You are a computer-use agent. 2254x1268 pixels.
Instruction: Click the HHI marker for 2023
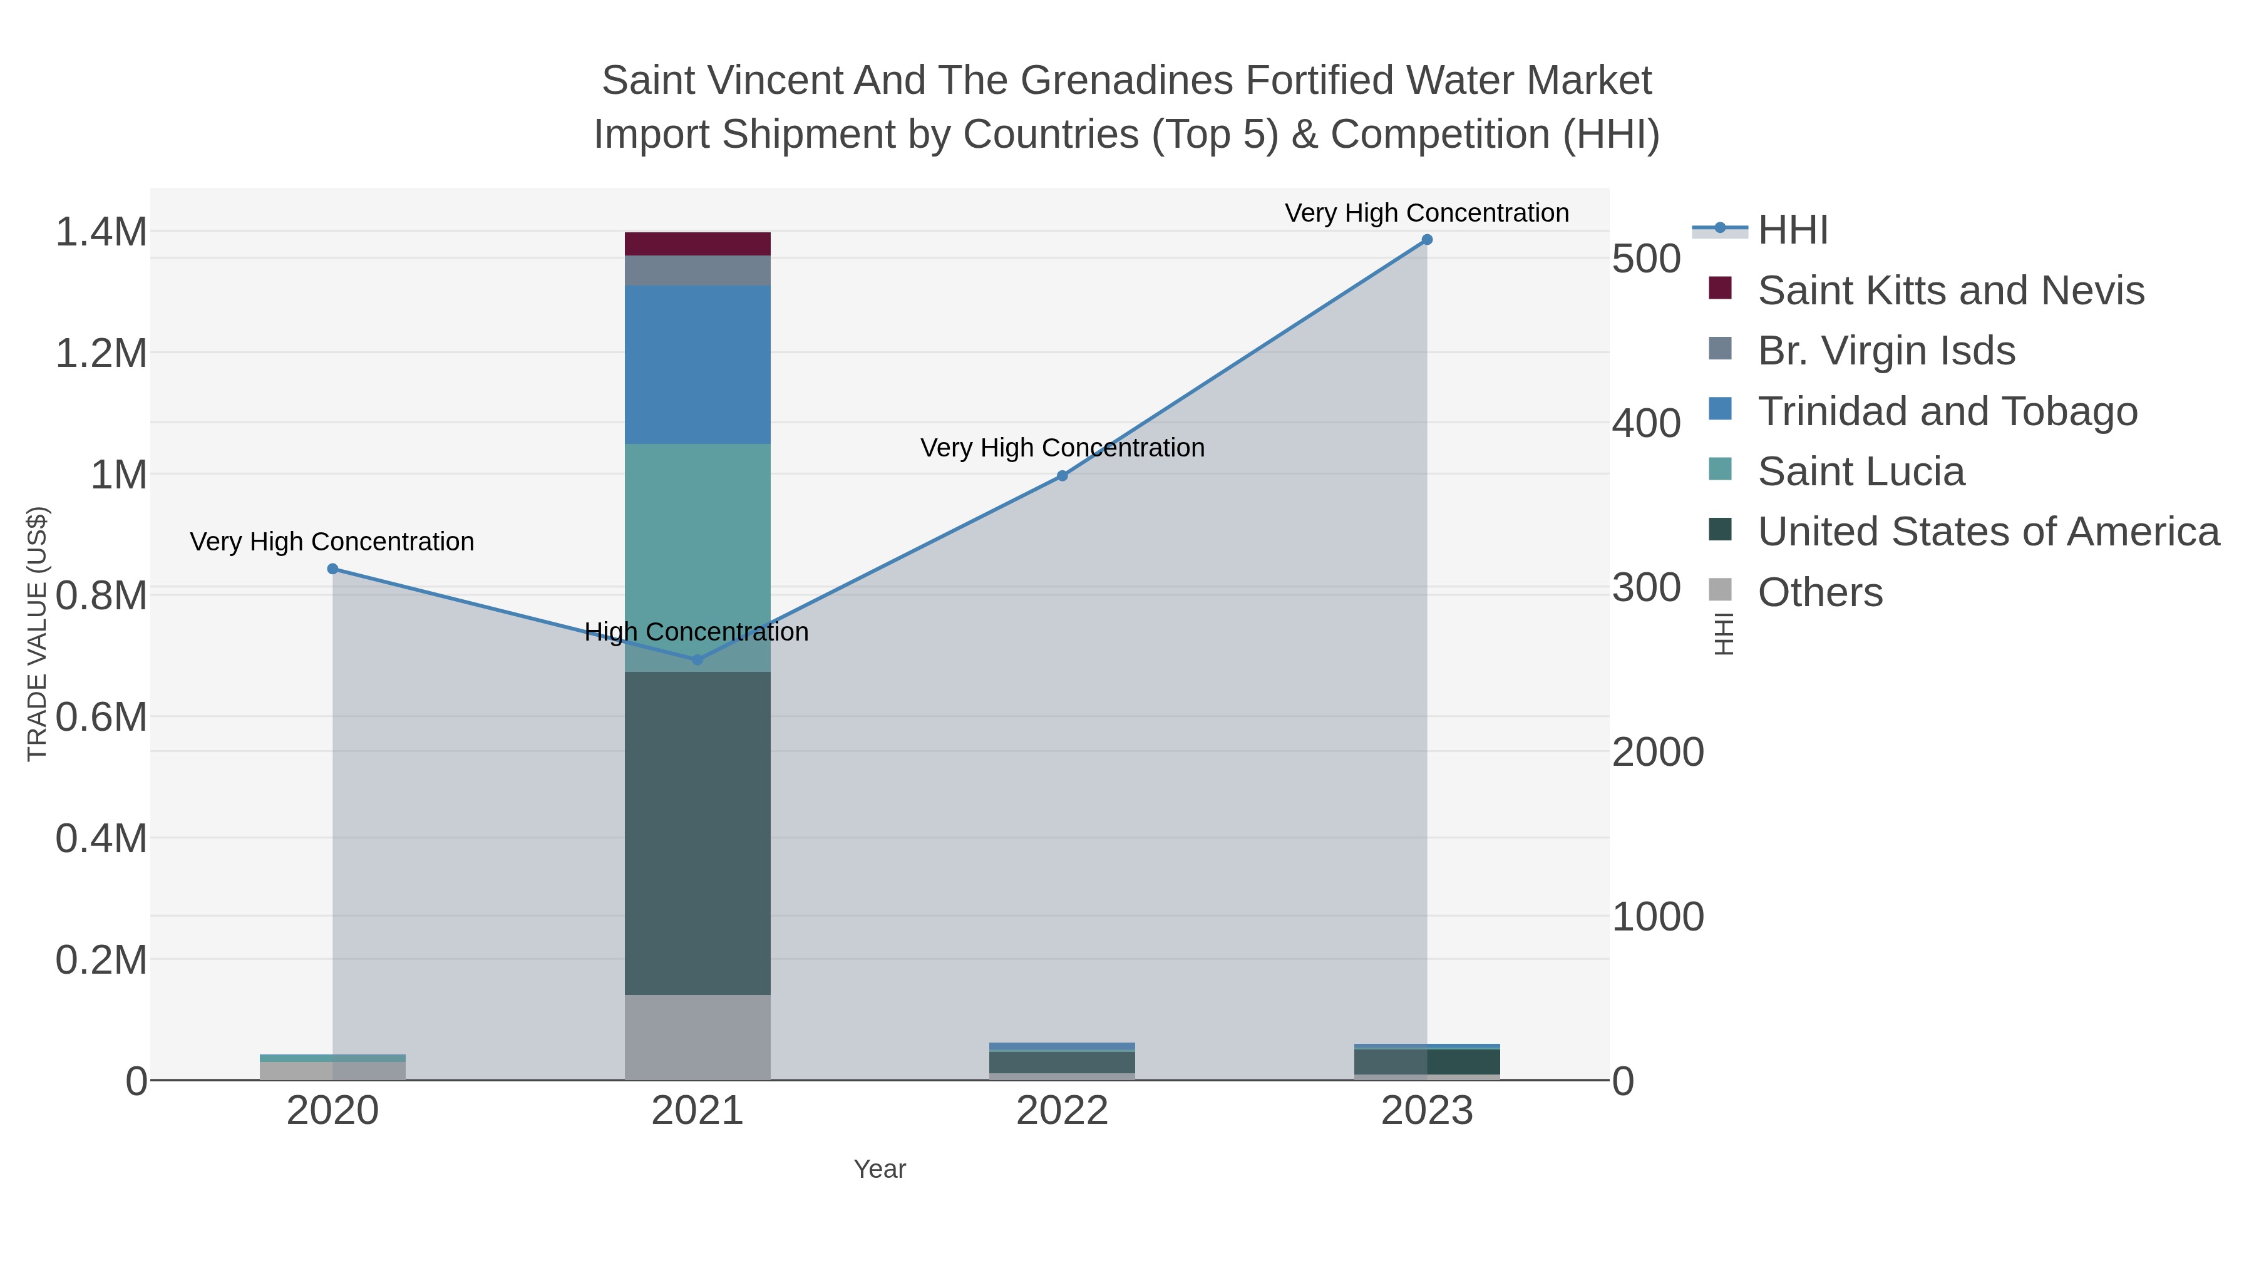click(1426, 240)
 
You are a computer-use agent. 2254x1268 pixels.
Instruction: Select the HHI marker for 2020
click(332, 569)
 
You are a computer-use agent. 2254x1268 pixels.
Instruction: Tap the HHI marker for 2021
click(697, 660)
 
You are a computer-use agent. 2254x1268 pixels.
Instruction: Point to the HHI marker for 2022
click(1063, 476)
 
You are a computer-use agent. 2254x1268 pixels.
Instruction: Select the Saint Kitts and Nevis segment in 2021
click(697, 244)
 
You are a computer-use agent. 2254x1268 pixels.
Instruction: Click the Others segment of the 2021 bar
click(697, 1037)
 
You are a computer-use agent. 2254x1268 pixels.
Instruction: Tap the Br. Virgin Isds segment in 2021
click(697, 271)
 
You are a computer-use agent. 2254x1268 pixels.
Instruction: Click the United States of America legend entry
click(1987, 532)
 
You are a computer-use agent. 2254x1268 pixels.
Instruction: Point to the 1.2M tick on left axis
click(101, 354)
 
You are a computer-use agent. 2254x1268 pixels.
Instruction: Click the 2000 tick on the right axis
click(1657, 753)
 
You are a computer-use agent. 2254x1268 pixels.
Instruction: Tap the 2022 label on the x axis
click(1063, 1111)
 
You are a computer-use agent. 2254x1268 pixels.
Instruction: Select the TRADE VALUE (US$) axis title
click(37, 634)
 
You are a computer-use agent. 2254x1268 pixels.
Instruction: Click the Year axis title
click(880, 1169)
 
